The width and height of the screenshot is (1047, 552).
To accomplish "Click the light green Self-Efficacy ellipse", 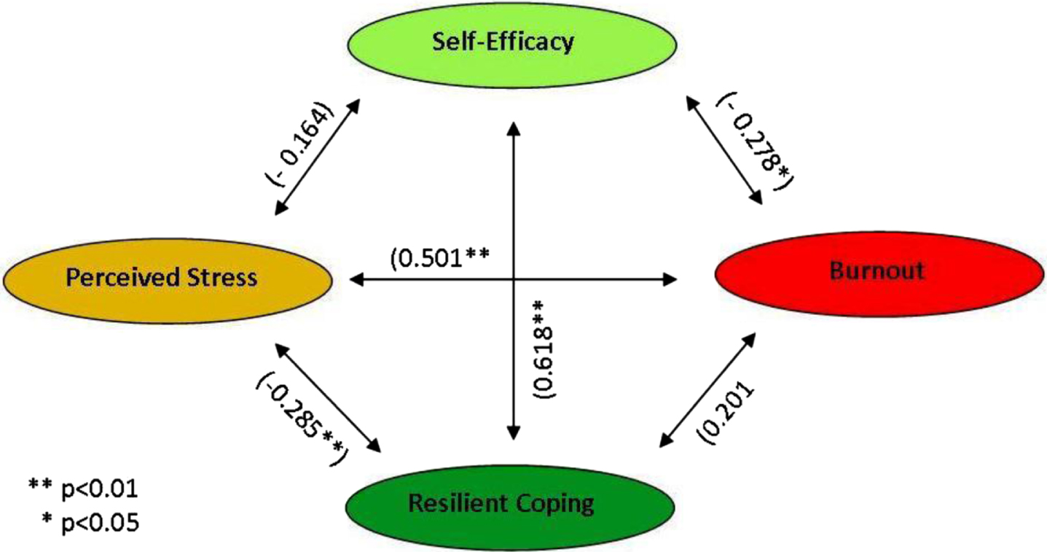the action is coord(511,44).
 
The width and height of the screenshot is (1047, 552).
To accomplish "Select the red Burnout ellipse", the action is coord(879,274).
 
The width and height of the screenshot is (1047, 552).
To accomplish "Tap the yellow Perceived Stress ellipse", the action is coord(168,280).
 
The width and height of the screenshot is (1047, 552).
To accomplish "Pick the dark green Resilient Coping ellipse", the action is coord(510,507).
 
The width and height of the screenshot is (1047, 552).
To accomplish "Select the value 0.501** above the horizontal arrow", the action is coord(440,257).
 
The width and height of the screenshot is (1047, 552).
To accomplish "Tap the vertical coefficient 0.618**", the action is coord(544,349).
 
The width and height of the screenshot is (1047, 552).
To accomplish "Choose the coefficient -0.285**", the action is coord(302,419).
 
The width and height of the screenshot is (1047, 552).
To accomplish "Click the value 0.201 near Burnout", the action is coord(726,413).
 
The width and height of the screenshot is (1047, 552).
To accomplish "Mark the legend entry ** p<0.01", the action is coord(84,489).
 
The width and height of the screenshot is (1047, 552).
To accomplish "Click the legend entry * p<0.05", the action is coord(90,523).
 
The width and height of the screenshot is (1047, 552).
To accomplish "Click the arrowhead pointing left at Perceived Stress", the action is coord(356,280).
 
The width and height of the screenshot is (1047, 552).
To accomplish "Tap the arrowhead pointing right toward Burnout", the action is coord(670,280).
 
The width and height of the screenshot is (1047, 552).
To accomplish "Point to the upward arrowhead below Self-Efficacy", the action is coord(514,129).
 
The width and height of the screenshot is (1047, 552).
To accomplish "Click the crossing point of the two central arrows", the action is coord(514,280).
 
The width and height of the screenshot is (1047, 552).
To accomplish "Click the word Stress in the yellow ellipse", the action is coord(222,277).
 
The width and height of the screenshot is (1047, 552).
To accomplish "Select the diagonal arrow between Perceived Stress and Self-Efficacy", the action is coord(317,158).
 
